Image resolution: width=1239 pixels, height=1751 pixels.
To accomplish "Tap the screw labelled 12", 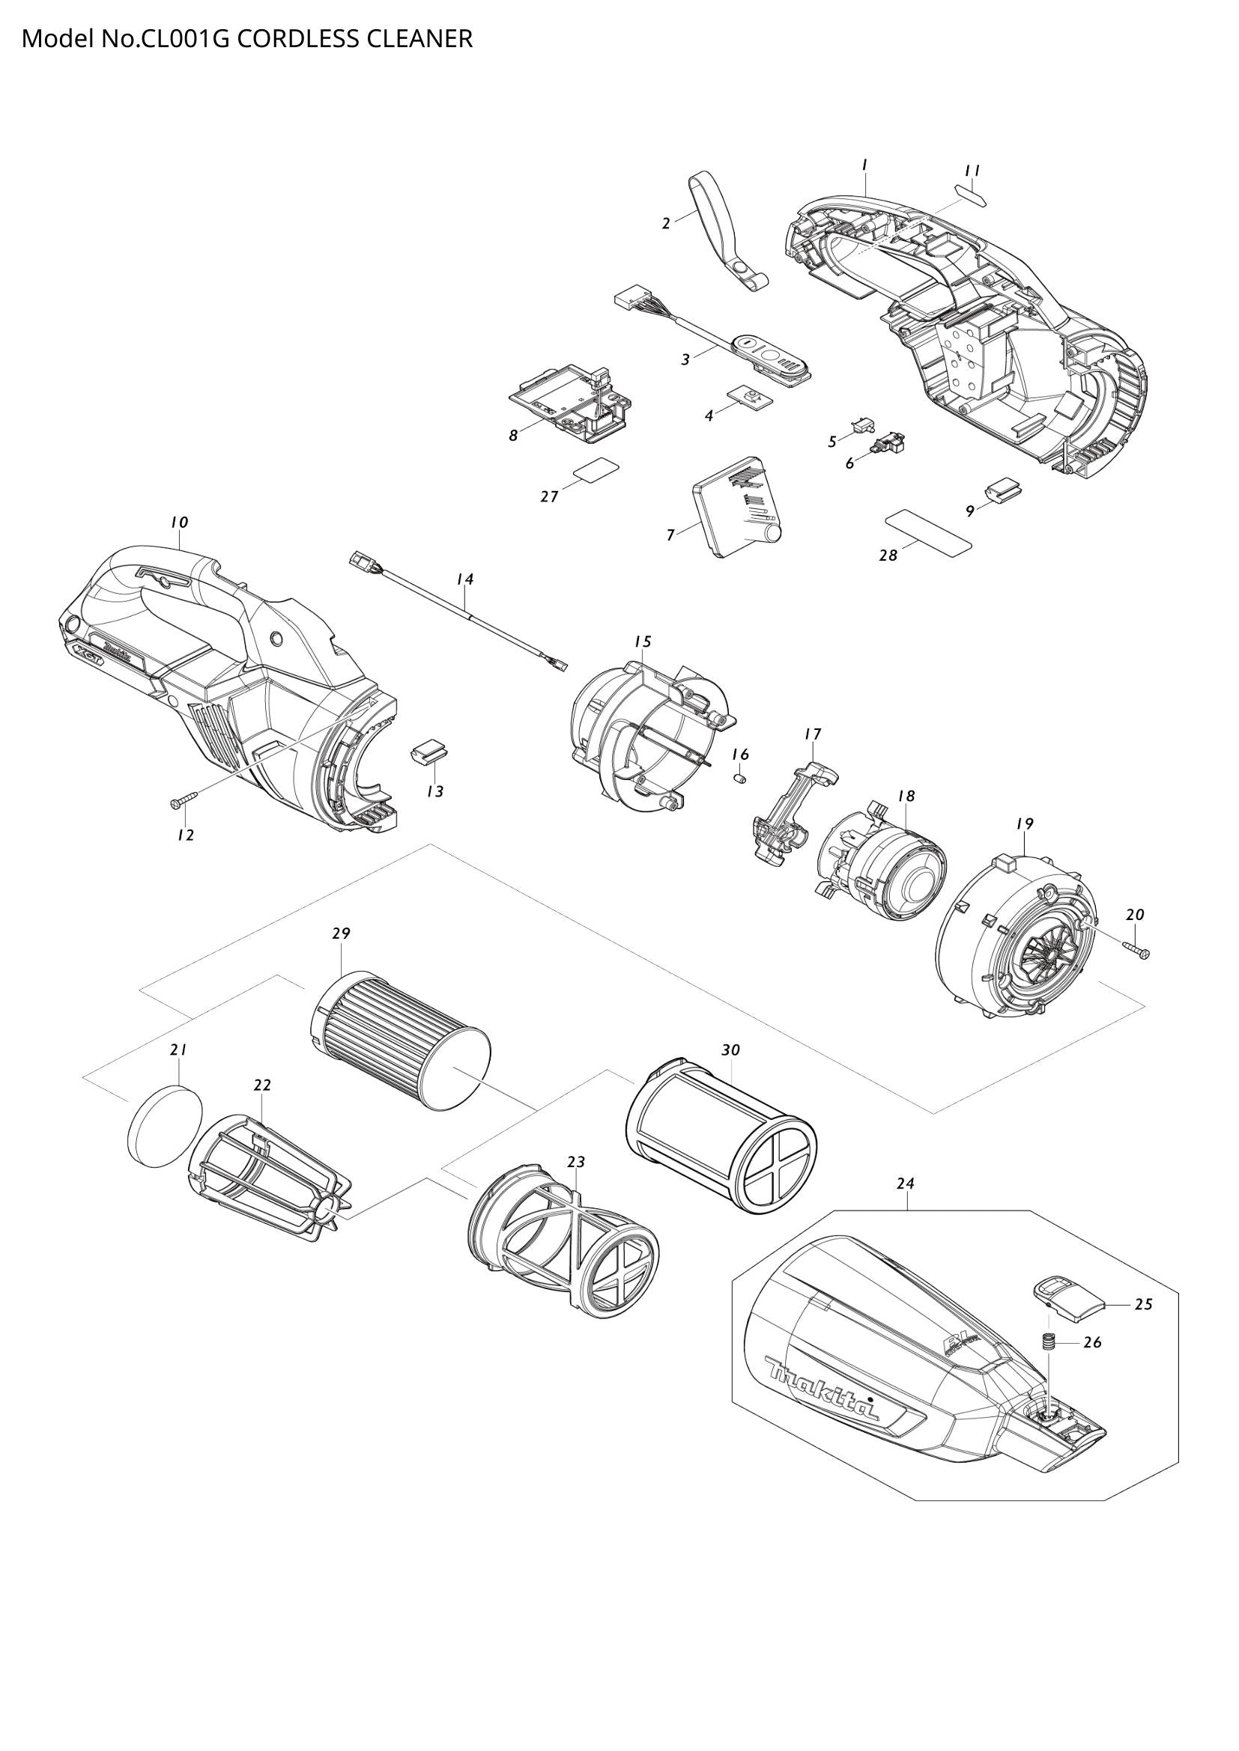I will [x=183, y=800].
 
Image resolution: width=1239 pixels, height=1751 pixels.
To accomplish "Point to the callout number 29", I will [x=340, y=934].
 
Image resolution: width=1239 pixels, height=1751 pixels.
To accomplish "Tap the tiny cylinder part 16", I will [x=739, y=778].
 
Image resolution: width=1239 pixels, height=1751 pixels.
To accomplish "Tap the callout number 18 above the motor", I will [x=906, y=796].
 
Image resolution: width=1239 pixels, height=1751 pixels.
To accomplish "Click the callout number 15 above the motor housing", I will [x=643, y=642].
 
